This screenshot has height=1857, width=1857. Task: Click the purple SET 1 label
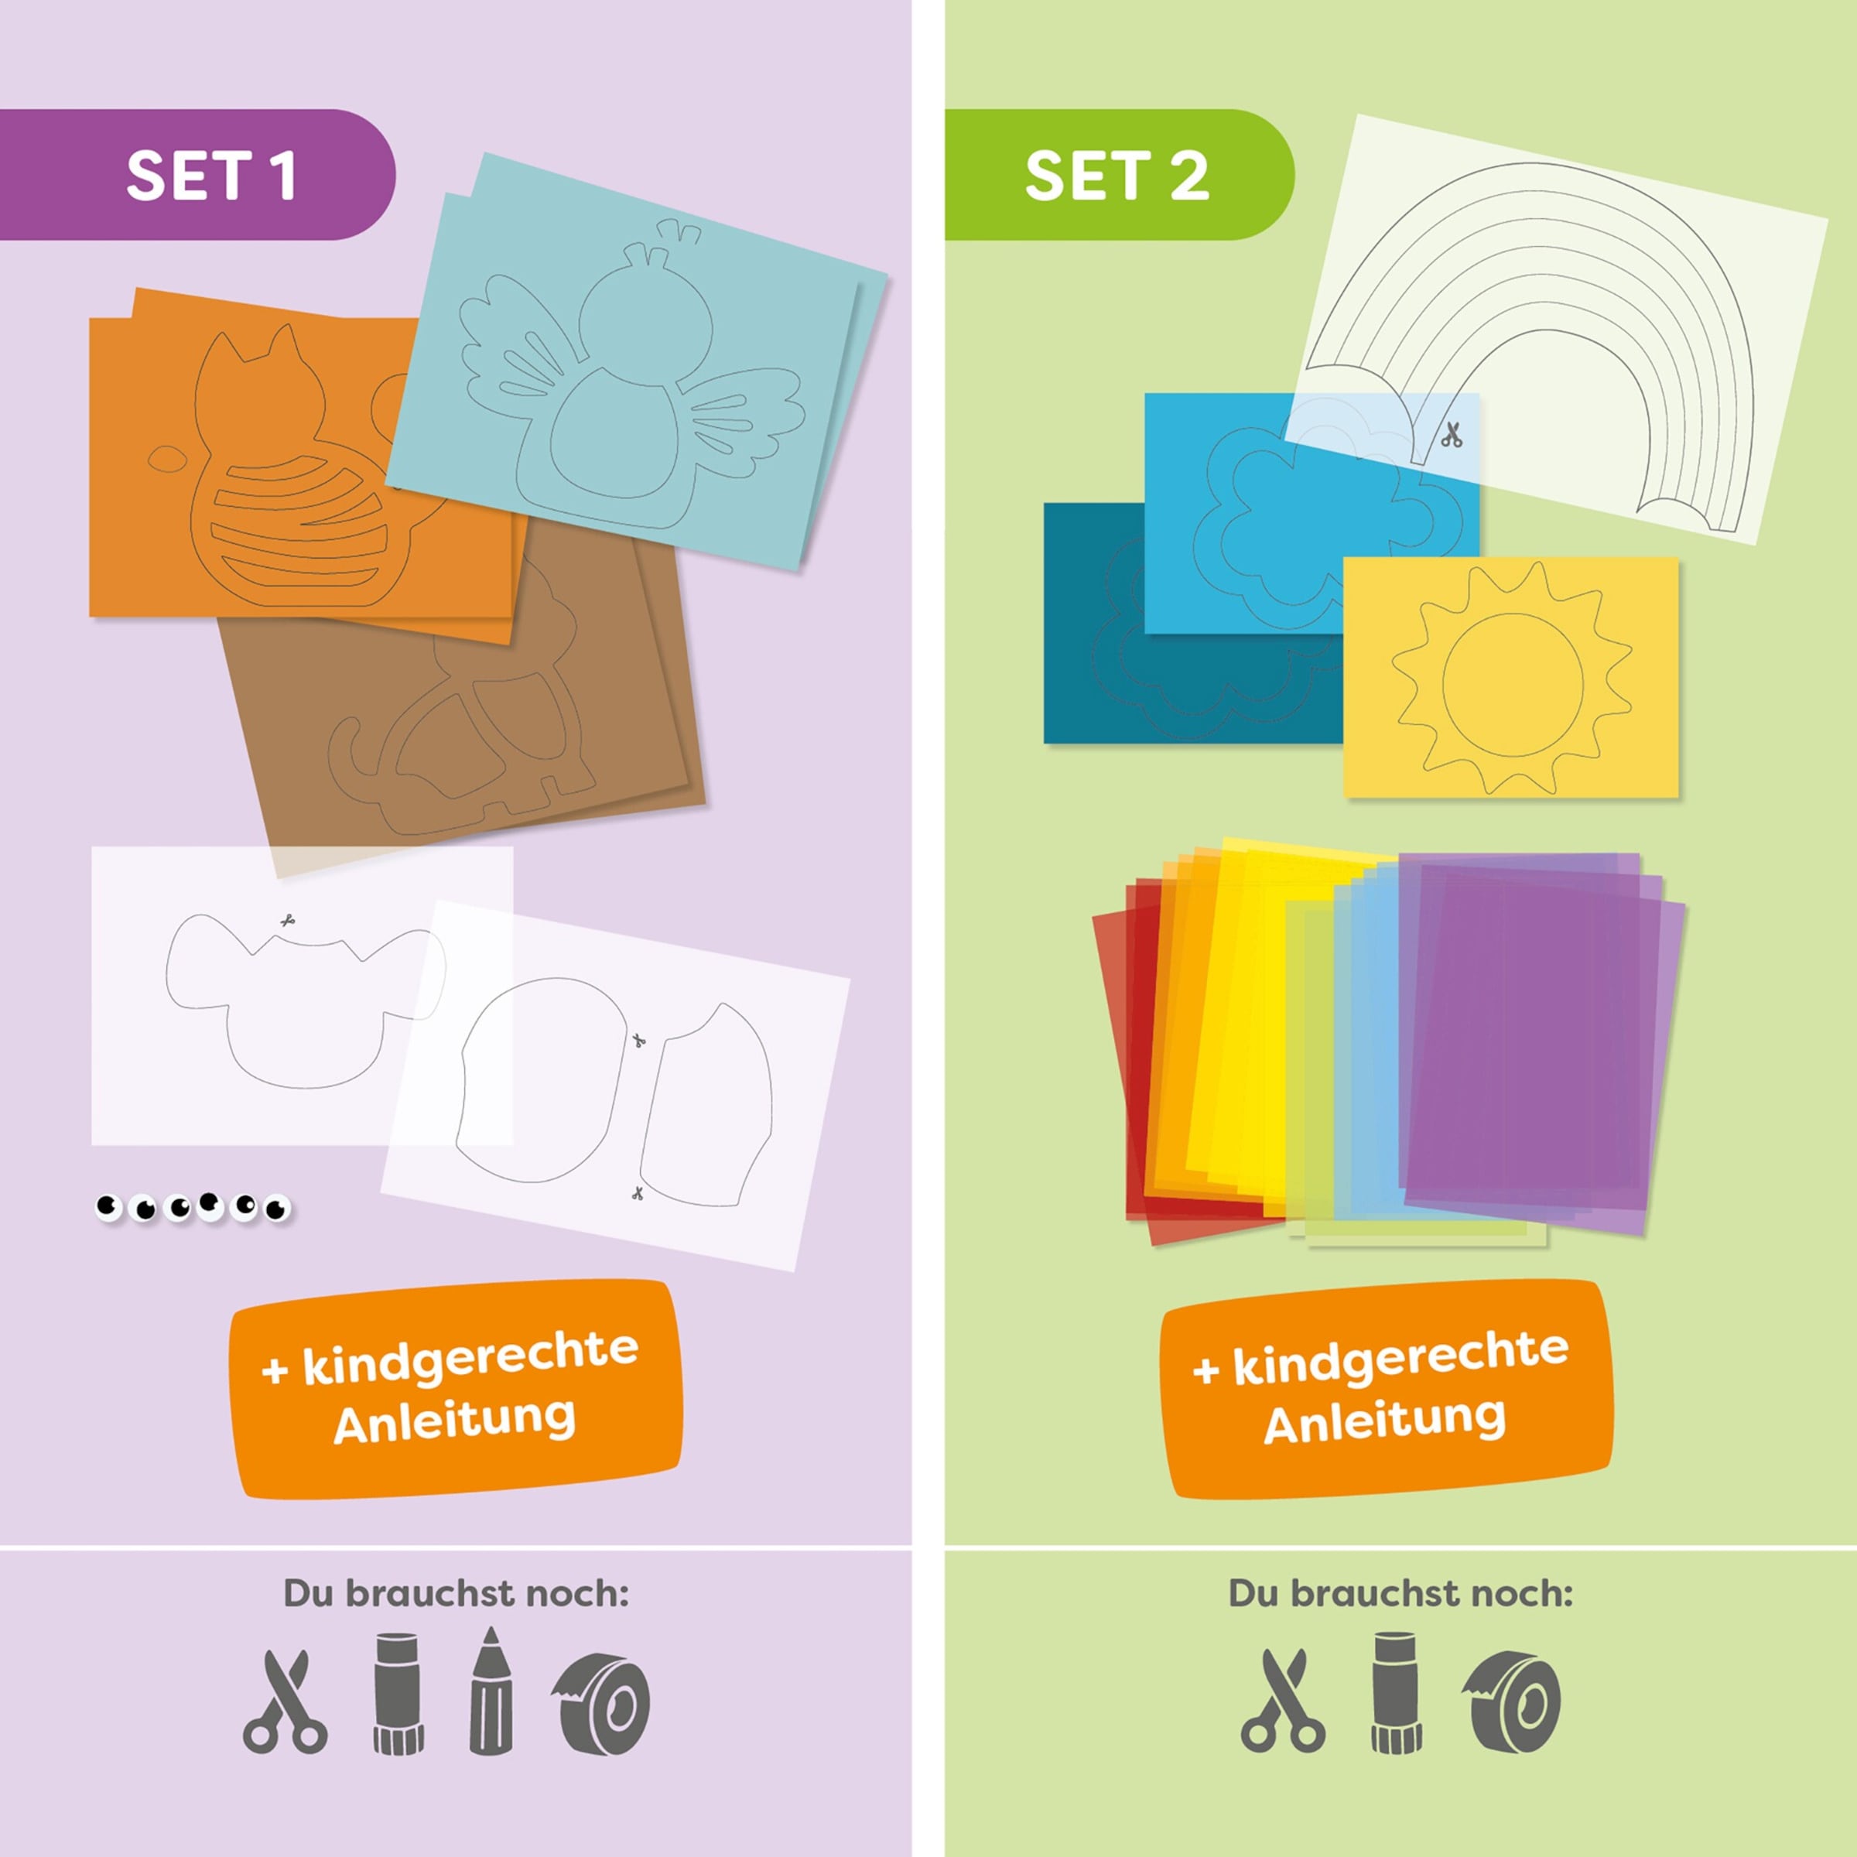(x=197, y=174)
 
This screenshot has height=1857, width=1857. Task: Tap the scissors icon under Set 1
(x=285, y=1701)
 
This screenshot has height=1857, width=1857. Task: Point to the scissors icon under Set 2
(x=1283, y=1701)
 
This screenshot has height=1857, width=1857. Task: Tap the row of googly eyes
(x=192, y=1206)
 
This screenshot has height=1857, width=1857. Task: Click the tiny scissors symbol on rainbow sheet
(x=1451, y=434)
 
